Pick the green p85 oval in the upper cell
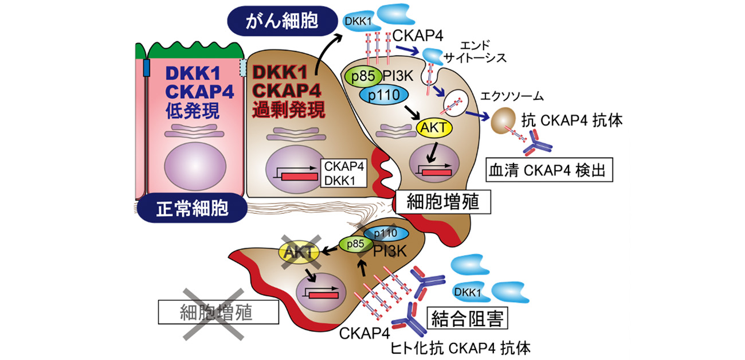click(360, 76)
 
